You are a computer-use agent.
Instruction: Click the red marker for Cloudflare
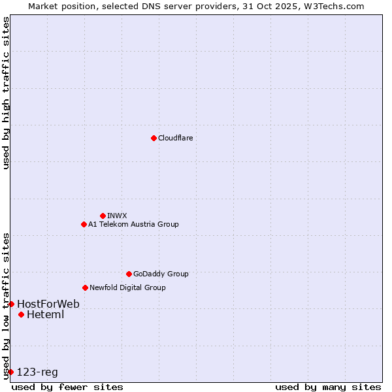[x=154, y=138]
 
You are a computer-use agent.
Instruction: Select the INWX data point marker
[x=103, y=216]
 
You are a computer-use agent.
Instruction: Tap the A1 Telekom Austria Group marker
[x=84, y=224]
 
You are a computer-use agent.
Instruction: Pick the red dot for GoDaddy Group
[x=129, y=274]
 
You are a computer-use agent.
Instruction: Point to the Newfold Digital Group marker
[x=85, y=287]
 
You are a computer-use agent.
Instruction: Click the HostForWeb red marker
[x=11, y=304]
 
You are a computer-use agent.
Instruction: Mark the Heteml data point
[x=21, y=314]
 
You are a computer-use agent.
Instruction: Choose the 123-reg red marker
[x=11, y=372]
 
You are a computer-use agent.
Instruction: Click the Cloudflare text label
[x=175, y=138]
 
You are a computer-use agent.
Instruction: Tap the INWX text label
[x=117, y=216]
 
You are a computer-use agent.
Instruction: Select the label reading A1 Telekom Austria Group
[x=133, y=224]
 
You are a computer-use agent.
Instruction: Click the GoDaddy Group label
[x=161, y=274]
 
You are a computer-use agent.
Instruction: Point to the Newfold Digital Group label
[x=127, y=287]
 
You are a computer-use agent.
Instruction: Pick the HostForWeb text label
[x=48, y=304]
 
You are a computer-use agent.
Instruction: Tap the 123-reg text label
[x=37, y=372]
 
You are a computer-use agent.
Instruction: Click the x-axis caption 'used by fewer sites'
[x=67, y=387]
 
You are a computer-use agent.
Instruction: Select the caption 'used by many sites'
[x=328, y=387]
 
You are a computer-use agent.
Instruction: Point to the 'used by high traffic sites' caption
[x=6, y=93]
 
